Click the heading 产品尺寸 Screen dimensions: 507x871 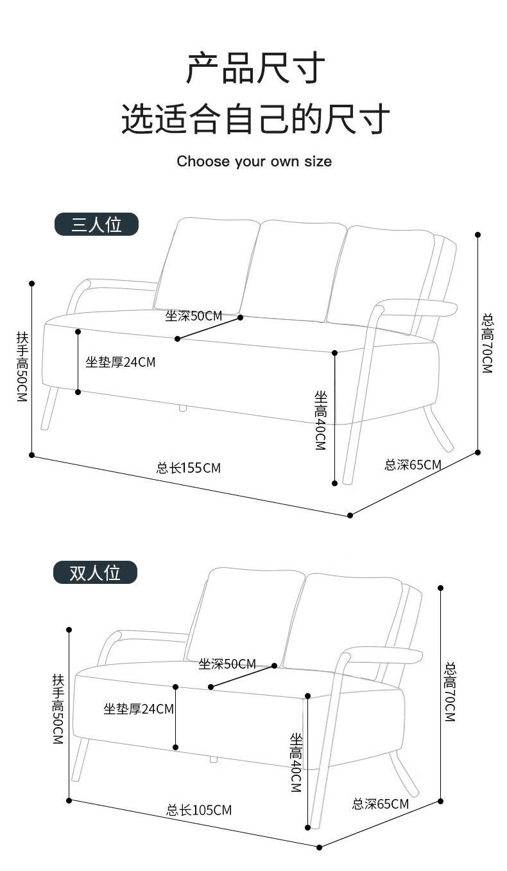click(255, 68)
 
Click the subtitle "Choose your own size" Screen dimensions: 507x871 click(254, 161)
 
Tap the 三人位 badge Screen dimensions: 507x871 click(96, 224)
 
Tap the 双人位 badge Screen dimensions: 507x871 click(95, 572)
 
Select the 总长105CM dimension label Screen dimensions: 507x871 click(199, 810)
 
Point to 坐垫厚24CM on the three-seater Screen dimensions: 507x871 click(121, 362)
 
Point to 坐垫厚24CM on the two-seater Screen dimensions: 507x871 click(139, 709)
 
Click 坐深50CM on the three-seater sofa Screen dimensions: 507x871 click(193, 316)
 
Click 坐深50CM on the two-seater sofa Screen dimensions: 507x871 click(227, 664)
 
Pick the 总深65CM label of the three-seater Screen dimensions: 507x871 click(413, 464)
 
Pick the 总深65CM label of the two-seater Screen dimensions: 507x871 click(380, 804)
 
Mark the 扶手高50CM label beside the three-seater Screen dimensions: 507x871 click(22, 366)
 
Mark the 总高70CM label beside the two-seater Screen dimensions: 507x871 click(450, 691)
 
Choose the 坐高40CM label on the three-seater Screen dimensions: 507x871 click(320, 420)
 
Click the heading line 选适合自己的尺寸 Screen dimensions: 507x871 click(255, 119)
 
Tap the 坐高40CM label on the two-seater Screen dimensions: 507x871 click(295, 762)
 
